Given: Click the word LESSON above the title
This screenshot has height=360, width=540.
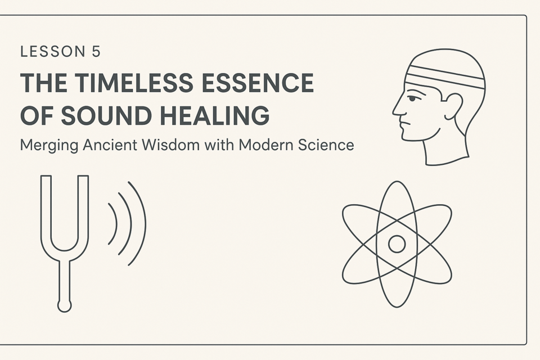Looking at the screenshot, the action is pyautogui.click(x=53, y=52).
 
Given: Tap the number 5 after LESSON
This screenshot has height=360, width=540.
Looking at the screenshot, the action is pyautogui.click(x=96, y=52).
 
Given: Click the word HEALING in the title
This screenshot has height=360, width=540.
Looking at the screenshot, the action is pyautogui.click(x=215, y=115).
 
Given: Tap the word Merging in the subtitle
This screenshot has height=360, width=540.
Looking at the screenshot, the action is pyautogui.click(x=49, y=145).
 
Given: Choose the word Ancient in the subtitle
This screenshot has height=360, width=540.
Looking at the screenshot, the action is pyautogui.click(x=111, y=145).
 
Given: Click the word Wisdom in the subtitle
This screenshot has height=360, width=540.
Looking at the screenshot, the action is pyautogui.click(x=171, y=145).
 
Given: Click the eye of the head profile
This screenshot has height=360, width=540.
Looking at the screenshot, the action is pyautogui.click(x=412, y=99).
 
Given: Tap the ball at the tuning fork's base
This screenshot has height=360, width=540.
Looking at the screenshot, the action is pyautogui.click(x=64, y=306).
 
